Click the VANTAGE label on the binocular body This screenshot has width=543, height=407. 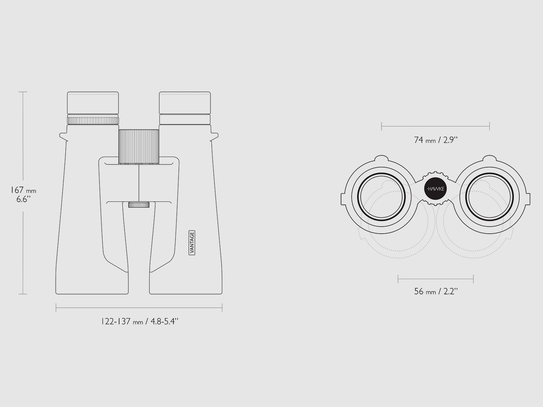click(192, 243)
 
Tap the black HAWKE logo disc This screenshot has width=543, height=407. click(436, 189)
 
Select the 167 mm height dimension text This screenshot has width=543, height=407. click(23, 190)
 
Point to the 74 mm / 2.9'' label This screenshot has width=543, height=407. click(436, 140)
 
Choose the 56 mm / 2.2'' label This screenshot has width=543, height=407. click(436, 291)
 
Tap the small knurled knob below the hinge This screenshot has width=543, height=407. click(139, 205)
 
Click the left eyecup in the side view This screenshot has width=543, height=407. click(93, 103)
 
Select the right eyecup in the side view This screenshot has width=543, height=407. click(185, 103)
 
